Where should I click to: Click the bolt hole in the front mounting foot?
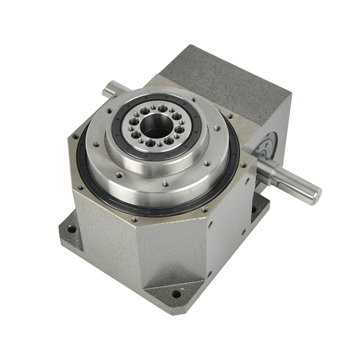click(x=176, y=294)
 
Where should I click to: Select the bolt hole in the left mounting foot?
click(x=72, y=229)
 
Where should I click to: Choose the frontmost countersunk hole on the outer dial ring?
click(x=166, y=184)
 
